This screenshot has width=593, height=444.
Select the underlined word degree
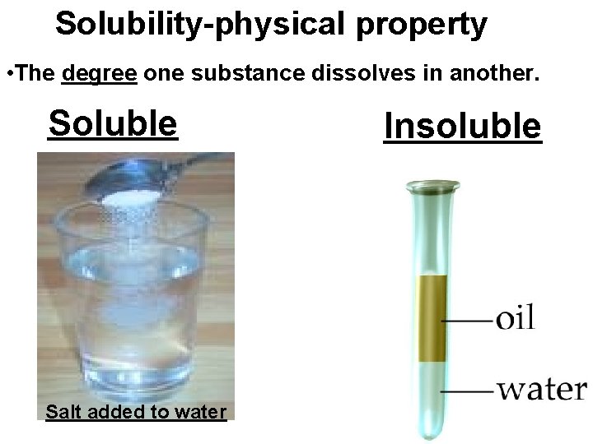click(x=100, y=75)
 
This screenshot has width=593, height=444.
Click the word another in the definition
click(x=493, y=75)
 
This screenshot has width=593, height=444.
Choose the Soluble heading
click(x=113, y=123)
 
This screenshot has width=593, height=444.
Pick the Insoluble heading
click(x=463, y=127)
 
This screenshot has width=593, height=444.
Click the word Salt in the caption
click(x=64, y=411)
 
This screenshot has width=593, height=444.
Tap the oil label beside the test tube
click(x=516, y=317)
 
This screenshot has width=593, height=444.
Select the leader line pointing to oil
click(x=468, y=319)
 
